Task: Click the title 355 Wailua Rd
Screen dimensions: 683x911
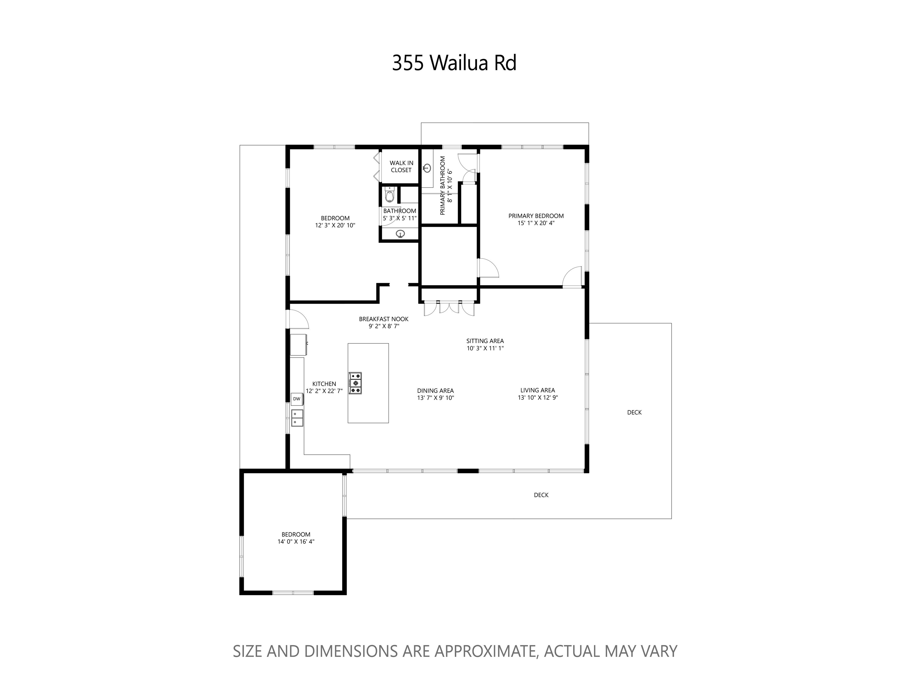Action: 454,63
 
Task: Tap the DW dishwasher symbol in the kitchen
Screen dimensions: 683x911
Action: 297,399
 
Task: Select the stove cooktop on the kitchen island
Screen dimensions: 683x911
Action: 355,383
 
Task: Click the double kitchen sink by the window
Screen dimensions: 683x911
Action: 297,418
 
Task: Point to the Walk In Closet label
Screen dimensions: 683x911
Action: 401,167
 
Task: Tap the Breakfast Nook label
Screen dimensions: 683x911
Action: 384,319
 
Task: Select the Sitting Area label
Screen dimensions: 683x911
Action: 485,341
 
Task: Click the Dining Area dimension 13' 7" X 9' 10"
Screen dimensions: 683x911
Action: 435,398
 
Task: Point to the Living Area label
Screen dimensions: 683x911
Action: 538,390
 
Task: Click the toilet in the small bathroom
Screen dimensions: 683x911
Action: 389,195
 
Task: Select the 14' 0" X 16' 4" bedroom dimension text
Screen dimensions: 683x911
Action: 296,542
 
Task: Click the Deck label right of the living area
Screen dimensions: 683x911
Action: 634,412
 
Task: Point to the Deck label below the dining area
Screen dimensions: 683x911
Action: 541,495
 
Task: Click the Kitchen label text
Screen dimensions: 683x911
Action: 324,384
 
